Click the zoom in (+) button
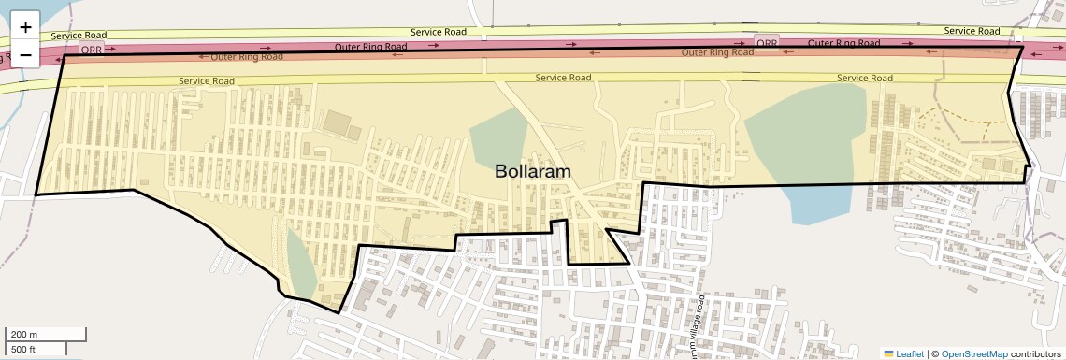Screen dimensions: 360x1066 [25, 27]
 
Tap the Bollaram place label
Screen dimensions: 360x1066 [532, 172]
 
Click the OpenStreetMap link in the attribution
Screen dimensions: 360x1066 [973, 353]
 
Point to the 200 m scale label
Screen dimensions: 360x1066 [24, 334]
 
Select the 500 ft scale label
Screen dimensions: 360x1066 [22, 349]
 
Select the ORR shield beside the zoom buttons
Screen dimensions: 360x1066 [93, 49]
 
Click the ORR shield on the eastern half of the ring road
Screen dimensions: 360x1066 [766, 43]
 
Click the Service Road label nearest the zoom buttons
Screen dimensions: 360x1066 [79, 36]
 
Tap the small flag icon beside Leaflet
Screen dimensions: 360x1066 [888, 353]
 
